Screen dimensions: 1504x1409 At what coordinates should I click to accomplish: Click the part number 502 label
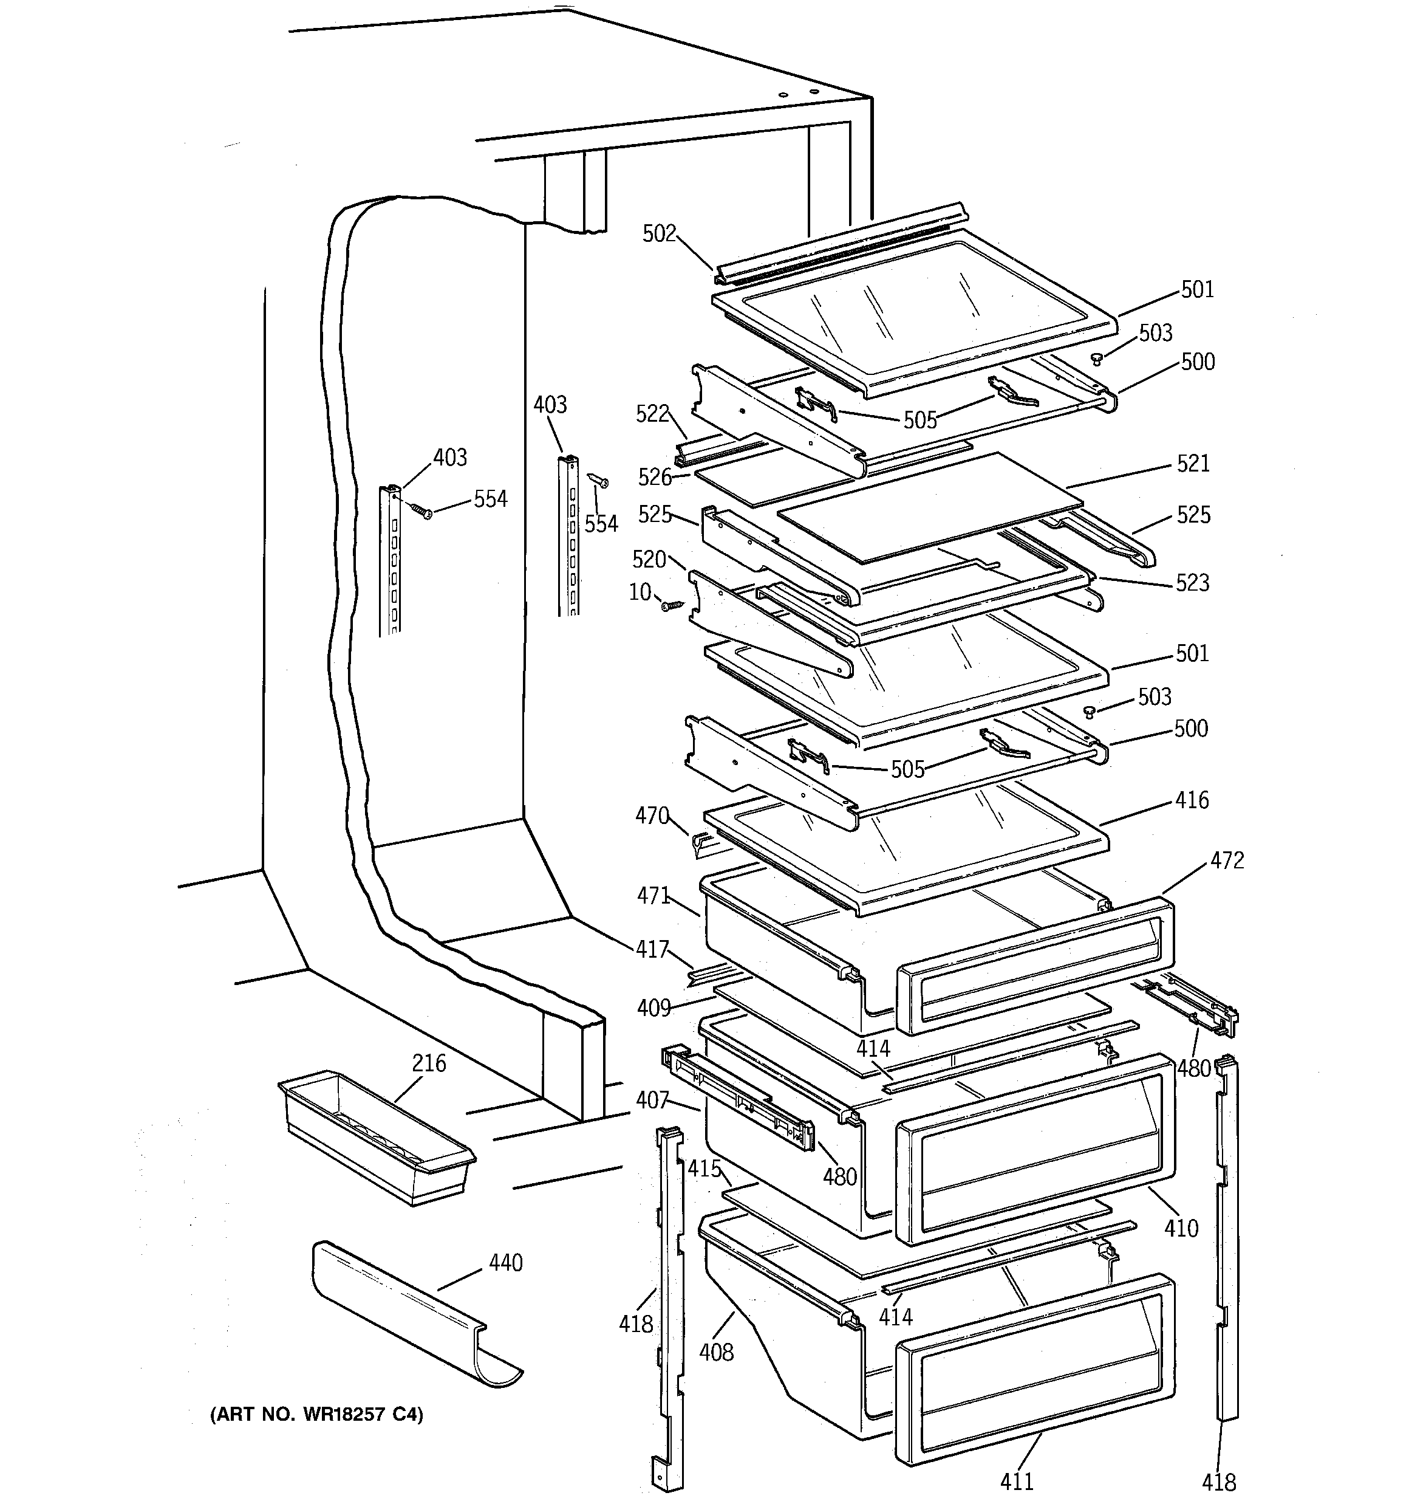pos(659,234)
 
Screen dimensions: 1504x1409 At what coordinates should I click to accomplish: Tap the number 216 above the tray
pos(429,1063)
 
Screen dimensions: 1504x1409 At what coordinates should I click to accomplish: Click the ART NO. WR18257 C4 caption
pos(316,1414)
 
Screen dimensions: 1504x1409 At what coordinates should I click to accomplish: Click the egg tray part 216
pos(376,1136)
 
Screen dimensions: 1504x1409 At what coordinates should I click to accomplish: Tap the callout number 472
pos(1227,860)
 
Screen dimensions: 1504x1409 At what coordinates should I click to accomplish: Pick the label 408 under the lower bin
pos(715,1351)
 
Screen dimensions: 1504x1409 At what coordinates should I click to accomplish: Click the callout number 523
pos(1192,583)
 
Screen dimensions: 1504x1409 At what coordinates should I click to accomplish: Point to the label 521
pos(1193,463)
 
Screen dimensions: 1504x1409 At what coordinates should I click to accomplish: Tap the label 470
pos(652,816)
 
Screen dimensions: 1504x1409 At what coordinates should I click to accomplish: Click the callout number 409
pos(654,1008)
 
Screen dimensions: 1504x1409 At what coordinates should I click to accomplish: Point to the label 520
pos(648,560)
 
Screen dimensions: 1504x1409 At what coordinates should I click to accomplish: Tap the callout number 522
pos(652,413)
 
